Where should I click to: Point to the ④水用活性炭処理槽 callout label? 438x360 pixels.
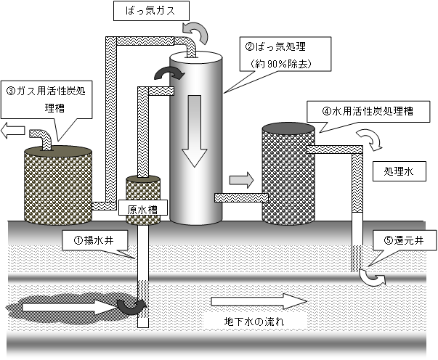pos(377,113)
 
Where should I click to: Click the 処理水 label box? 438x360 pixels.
pos(397,172)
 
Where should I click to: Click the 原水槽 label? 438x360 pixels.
pos(142,208)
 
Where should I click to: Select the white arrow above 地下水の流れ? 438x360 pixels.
pos(256,300)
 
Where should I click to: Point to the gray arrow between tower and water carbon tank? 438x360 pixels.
pos(240,179)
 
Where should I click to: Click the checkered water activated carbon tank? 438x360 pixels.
pos(288,174)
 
